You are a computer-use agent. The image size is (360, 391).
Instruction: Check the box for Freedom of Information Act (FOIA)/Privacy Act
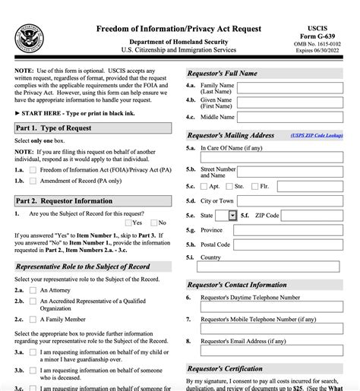[x=33, y=171]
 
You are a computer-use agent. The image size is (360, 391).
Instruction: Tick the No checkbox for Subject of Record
[x=153, y=222]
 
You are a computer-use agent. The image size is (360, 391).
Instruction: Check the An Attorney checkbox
[x=33, y=290]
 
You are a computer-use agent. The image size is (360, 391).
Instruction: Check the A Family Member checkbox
[x=33, y=320]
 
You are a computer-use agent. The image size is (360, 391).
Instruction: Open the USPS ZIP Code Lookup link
[x=317, y=135]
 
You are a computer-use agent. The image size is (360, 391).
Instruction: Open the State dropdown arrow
[x=232, y=216]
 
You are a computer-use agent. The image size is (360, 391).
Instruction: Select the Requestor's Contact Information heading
[x=237, y=285]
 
